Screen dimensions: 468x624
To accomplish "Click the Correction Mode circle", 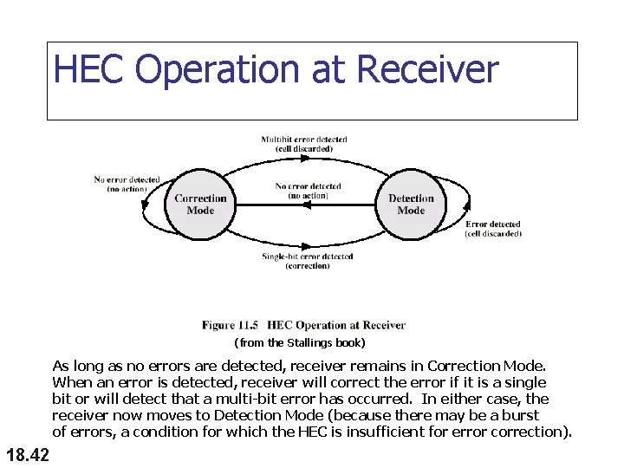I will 200,205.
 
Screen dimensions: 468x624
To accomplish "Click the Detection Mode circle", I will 411,205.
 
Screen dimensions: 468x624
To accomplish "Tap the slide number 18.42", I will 27,454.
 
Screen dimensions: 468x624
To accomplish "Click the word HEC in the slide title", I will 91,70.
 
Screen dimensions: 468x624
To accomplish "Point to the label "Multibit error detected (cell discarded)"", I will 304,144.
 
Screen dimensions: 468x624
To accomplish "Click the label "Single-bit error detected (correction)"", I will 308,261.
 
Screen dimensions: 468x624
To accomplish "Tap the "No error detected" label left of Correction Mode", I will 127,184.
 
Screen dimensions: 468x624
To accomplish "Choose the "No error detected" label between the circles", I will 308,191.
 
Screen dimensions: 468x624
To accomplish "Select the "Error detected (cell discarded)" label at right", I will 493,229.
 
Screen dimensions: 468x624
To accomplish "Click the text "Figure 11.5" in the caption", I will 231,326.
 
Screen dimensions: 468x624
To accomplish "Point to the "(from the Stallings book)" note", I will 300,343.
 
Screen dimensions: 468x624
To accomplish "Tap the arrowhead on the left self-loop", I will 146,205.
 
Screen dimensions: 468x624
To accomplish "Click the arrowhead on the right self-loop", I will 468,205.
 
